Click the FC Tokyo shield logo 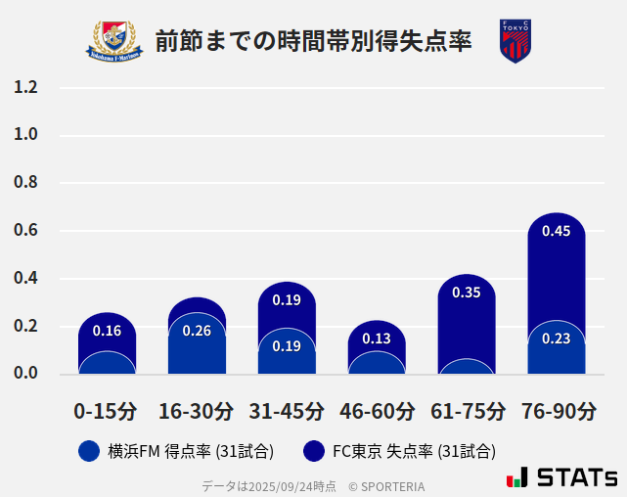point(515,41)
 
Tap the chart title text point(313,41)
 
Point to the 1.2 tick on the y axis point(26,87)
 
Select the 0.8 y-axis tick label point(26,183)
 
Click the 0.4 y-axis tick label point(26,279)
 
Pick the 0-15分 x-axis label point(107,411)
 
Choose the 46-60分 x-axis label point(377,411)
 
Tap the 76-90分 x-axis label point(557,411)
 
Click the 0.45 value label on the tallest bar point(557,232)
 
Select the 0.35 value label point(467,293)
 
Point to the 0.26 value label point(197,331)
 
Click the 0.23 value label point(557,339)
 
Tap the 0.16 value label point(107,331)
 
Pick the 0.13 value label point(377,339)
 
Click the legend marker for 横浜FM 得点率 point(89,451)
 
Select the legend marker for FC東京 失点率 point(314,451)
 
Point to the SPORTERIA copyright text point(386,486)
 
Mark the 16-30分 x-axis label point(197,411)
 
